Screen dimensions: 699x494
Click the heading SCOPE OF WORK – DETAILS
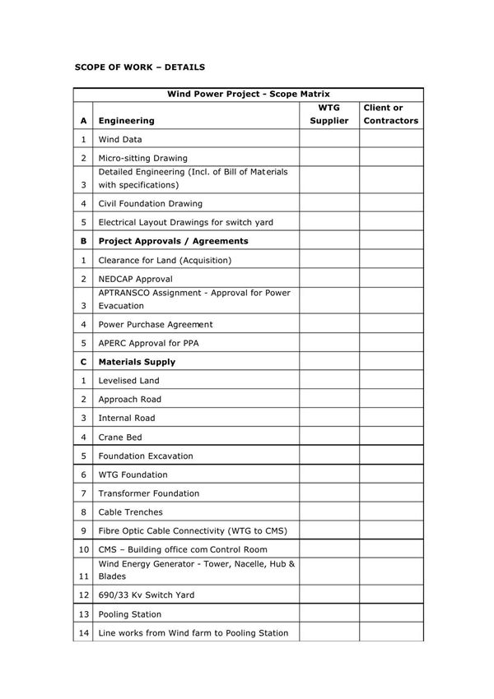(x=139, y=66)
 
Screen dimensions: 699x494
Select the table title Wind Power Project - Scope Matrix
(x=248, y=95)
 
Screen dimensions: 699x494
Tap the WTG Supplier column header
(x=329, y=114)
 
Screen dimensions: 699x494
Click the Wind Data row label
(x=120, y=140)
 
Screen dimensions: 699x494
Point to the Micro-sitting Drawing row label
(x=142, y=158)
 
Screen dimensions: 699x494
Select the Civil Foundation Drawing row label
(x=150, y=203)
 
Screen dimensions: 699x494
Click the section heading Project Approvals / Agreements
(x=173, y=241)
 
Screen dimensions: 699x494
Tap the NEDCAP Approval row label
(x=135, y=279)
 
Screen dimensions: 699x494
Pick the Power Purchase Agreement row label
(x=156, y=324)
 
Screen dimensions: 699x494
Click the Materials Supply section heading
(x=137, y=362)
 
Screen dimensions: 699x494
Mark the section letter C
(x=83, y=362)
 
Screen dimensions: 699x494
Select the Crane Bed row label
(x=120, y=437)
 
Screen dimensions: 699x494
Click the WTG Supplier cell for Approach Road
(x=329, y=400)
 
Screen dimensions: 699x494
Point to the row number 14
(x=83, y=633)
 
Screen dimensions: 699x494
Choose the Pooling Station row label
(x=130, y=614)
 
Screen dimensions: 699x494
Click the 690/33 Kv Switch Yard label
(x=147, y=595)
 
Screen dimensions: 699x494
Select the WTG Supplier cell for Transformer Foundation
(x=329, y=493)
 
